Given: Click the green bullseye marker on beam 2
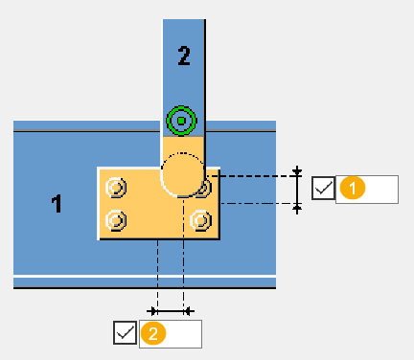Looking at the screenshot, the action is pyautogui.click(x=181, y=121).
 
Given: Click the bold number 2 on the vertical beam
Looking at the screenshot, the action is pyautogui.click(x=184, y=56).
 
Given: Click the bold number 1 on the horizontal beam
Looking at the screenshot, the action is pyautogui.click(x=57, y=204).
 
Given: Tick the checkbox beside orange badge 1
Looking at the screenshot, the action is pyautogui.click(x=323, y=189).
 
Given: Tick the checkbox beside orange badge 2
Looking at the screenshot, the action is pyautogui.click(x=125, y=332).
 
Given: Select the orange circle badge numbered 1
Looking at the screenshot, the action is pyautogui.click(x=353, y=189).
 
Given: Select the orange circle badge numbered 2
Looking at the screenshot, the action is pyautogui.click(x=153, y=333).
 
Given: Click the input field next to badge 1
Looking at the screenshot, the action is pyautogui.click(x=367, y=190).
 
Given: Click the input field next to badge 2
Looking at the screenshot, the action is pyautogui.click(x=171, y=334).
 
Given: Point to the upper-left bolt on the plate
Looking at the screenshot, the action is pyautogui.click(x=116, y=188).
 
